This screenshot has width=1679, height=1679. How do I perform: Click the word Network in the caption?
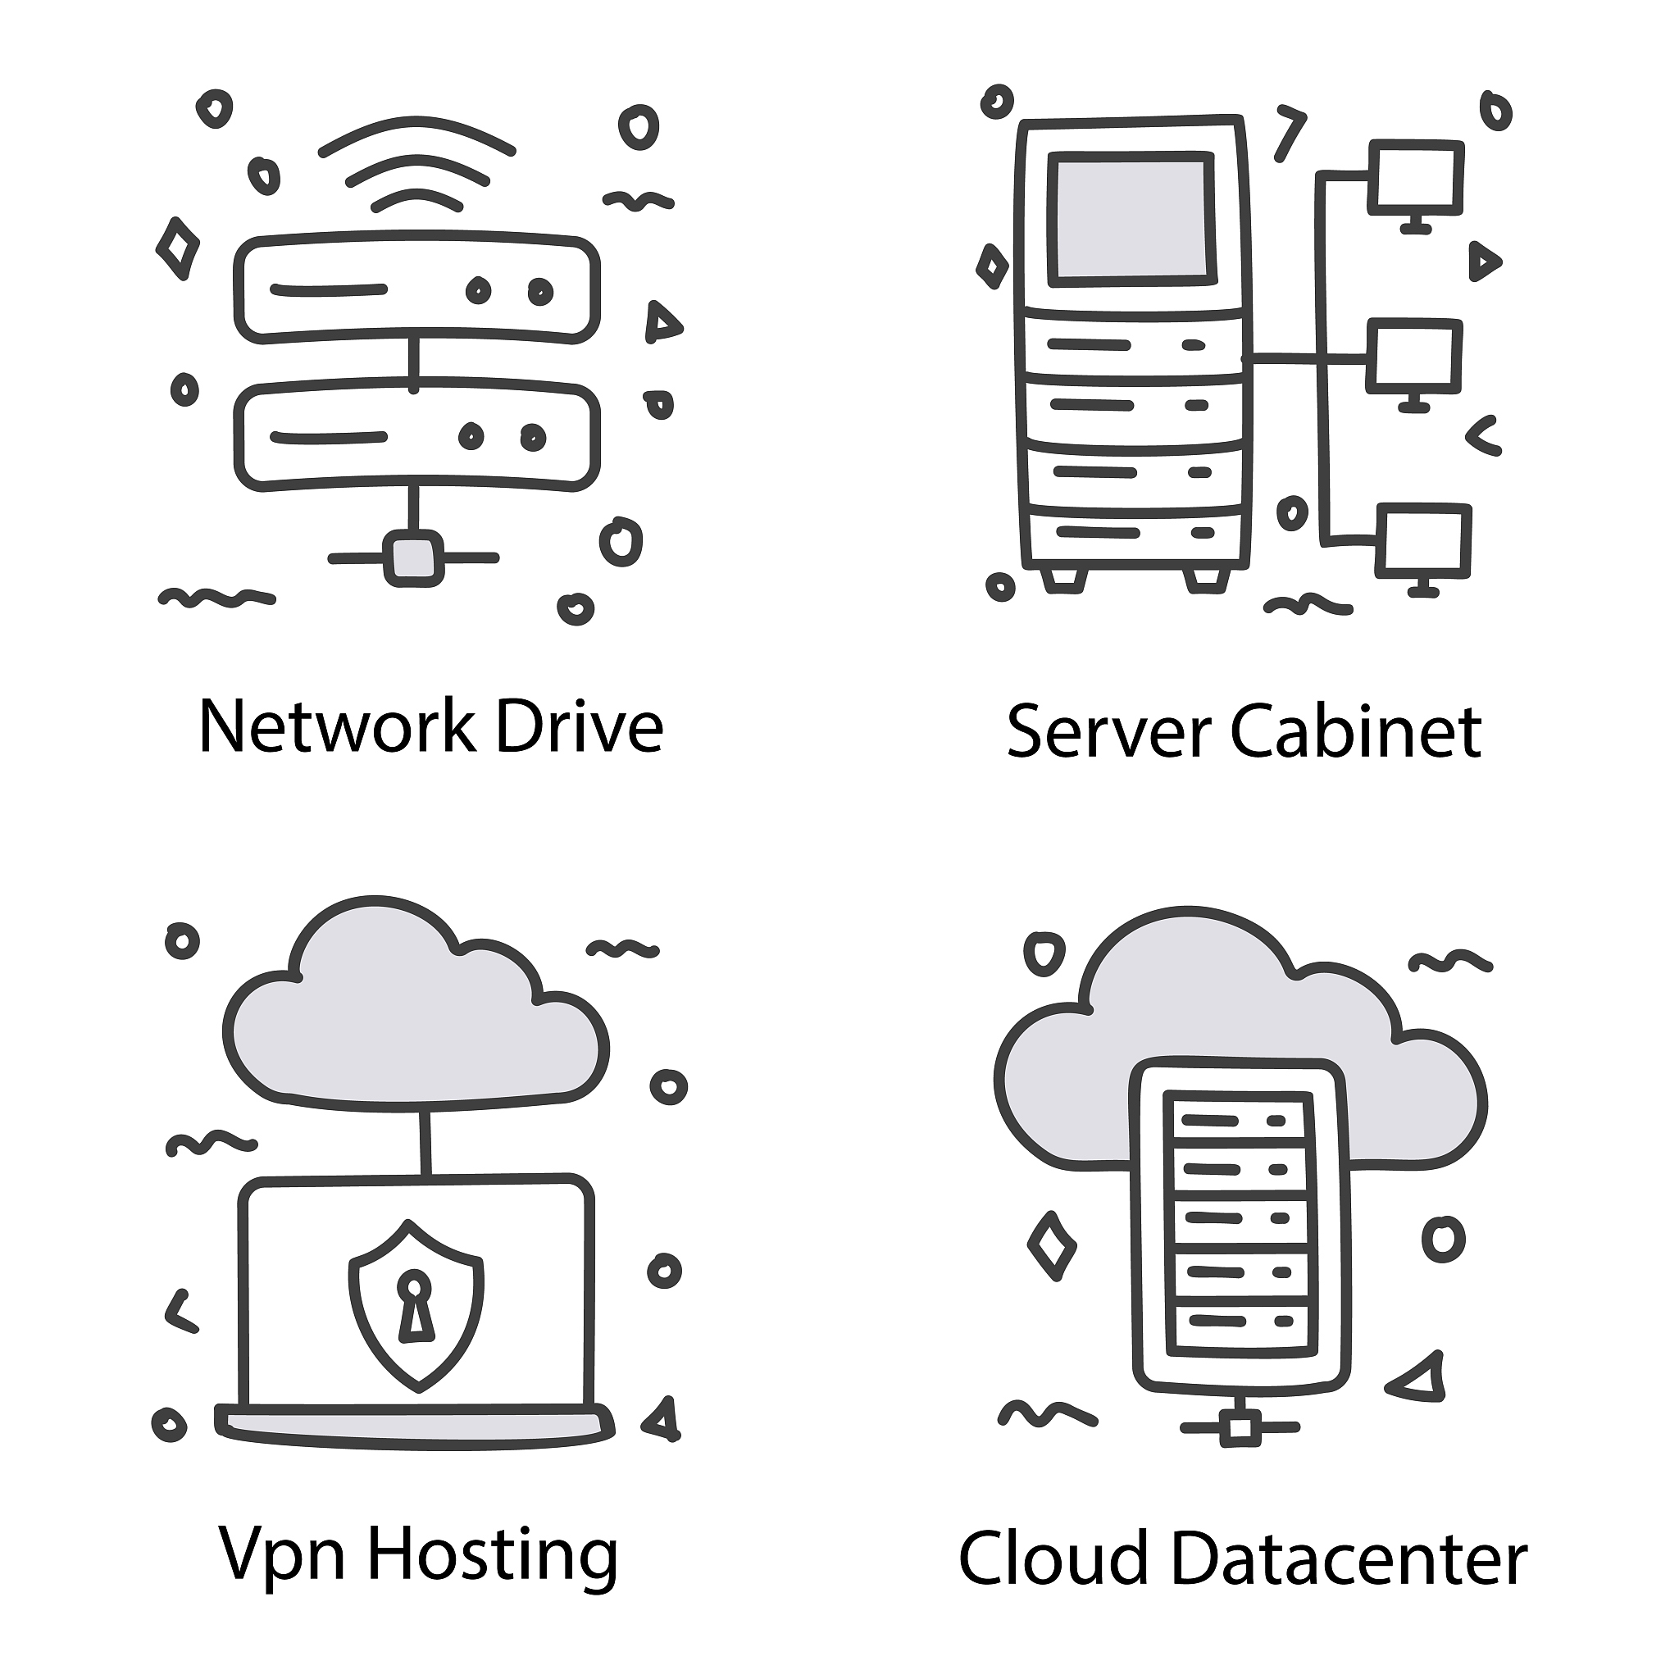tap(337, 726)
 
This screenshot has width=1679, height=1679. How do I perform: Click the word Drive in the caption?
tap(580, 726)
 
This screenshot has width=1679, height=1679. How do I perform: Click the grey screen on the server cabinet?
tap(1131, 219)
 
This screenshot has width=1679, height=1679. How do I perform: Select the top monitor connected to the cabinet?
tap(1416, 185)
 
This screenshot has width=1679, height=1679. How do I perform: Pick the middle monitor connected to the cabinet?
tap(1414, 364)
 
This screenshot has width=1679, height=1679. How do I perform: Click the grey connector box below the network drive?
tap(413, 558)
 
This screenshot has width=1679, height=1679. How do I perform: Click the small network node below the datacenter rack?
tap(1240, 1429)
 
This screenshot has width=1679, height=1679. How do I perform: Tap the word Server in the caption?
tap(1108, 732)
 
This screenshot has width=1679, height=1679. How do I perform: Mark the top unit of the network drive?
tap(417, 288)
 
